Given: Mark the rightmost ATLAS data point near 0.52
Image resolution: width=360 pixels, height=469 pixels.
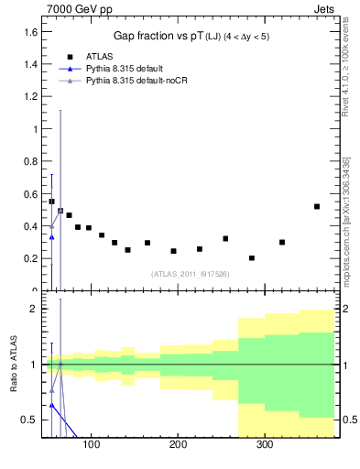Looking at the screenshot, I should click(x=317, y=207).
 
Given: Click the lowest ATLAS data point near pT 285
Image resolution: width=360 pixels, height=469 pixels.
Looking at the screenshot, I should click(x=252, y=258).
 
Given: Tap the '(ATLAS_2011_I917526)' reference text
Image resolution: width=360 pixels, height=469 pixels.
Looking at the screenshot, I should click(x=189, y=273).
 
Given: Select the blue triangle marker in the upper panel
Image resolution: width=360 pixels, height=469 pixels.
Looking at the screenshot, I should click(x=51, y=237).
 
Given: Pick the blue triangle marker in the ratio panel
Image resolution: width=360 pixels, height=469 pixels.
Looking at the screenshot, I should click(x=51, y=404).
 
